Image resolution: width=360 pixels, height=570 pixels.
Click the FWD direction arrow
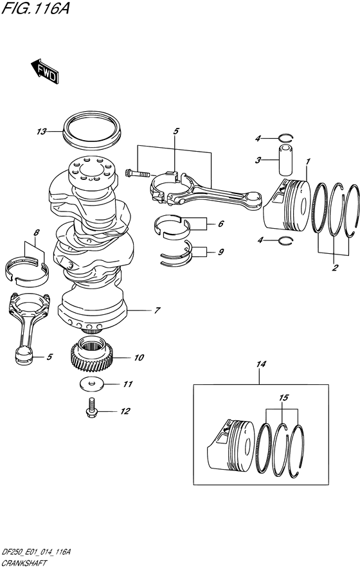click(x=44, y=71)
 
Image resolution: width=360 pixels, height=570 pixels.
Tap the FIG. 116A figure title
click(x=35, y=8)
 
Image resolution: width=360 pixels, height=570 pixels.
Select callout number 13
click(x=41, y=132)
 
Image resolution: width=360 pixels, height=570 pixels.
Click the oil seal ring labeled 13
click(x=92, y=130)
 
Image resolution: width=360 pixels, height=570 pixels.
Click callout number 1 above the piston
click(x=308, y=161)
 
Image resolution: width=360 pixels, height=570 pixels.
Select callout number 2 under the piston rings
click(x=335, y=268)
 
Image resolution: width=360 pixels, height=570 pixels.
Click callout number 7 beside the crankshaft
click(x=157, y=311)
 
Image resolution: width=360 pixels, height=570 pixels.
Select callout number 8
click(x=35, y=233)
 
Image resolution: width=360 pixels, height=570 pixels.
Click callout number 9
click(x=221, y=252)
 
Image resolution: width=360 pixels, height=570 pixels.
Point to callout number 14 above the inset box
click(x=261, y=364)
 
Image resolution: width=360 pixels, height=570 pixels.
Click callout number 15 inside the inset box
click(x=283, y=398)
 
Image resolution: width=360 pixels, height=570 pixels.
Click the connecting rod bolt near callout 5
click(x=136, y=174)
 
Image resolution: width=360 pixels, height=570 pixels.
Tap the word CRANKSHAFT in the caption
click(x=24, y=564)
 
